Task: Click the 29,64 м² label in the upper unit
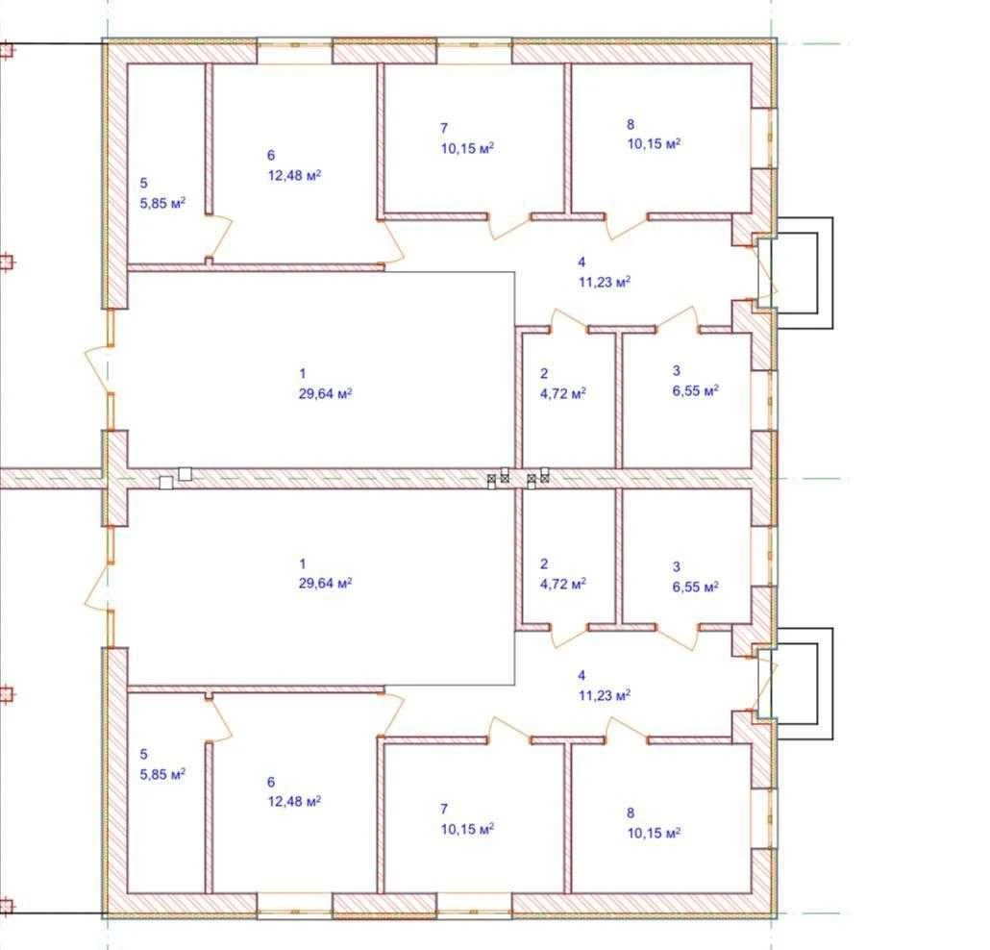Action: point(325,393)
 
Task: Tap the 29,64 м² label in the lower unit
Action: point(325,583)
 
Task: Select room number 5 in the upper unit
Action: point(144,184)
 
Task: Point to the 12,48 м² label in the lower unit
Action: point(295,802)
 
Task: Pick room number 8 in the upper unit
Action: point(631,124)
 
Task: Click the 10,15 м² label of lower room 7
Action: point(467,829)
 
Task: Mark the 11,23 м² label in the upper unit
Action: point(605,282)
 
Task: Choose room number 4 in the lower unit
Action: point(582,676)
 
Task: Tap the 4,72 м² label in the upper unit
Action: point(563,394)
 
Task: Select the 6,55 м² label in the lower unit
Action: point(696,587)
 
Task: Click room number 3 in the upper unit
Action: point(677,371)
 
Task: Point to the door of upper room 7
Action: point(509,226)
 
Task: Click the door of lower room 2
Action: point(569,637)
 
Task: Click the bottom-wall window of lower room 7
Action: point(474,905)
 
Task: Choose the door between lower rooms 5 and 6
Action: point(219,719)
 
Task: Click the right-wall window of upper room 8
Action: point(764,137)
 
